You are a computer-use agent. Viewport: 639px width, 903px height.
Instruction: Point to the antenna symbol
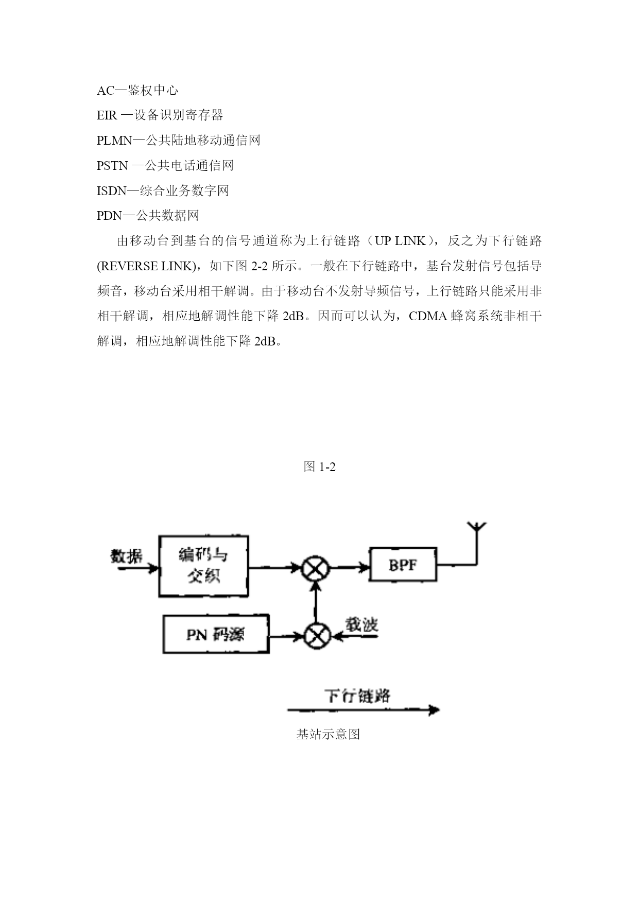476,543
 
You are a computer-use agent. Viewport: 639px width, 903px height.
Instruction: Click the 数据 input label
127,556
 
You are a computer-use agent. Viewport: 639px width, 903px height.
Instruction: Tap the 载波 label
361,624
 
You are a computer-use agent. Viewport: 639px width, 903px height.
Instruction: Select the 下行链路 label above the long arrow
358,696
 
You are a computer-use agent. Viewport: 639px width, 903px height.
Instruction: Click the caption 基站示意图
328,734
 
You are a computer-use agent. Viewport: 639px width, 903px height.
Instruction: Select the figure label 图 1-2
320,467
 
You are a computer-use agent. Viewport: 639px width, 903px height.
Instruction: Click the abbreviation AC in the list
106,91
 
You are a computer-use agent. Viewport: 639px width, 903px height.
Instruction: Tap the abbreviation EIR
107,115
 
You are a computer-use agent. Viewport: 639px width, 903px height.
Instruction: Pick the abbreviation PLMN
115,141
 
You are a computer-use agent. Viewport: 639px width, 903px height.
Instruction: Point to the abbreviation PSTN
112,166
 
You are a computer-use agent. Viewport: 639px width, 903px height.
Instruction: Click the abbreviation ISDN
112,191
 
